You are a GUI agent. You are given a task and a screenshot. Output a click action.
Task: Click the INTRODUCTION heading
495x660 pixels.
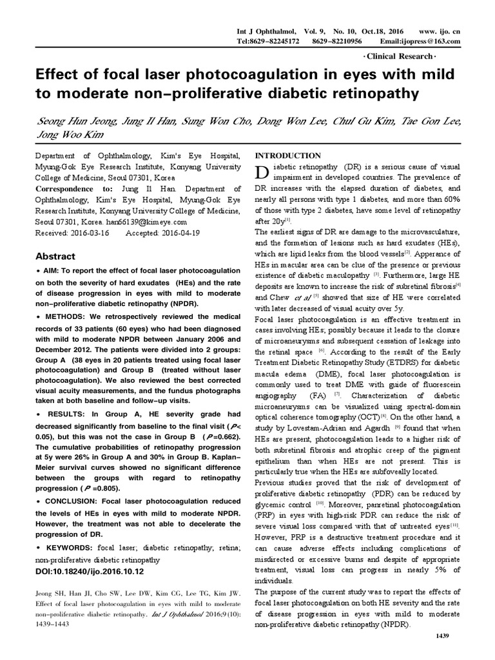point(289,156)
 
